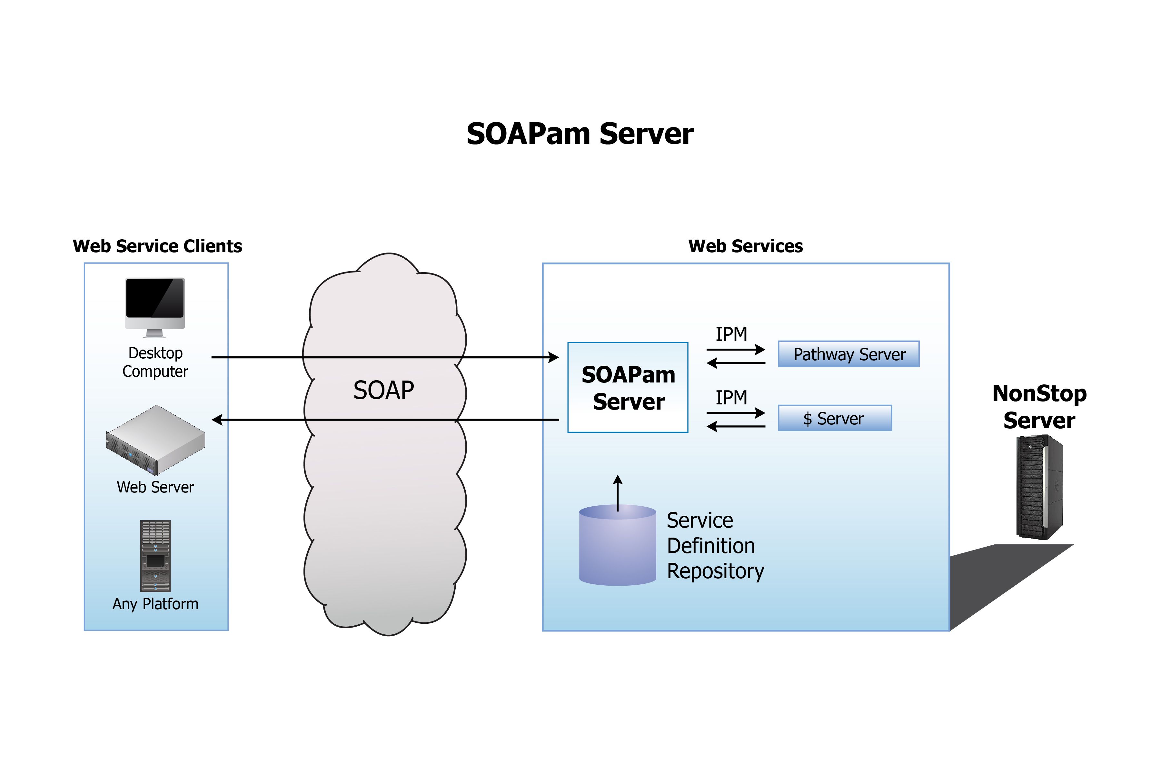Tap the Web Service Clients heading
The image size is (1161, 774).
pos(157,246)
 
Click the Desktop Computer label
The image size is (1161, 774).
pos(155,362)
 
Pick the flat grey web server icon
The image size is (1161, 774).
pos(155,439)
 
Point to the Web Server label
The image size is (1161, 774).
pos(155,487)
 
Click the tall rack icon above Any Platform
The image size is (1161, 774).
pos(155,555)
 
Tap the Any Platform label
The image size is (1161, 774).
pos(155,604)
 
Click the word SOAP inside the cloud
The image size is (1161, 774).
pos(383,390)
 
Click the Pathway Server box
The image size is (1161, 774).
pos(848,354)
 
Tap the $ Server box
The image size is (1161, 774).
pos(834,418)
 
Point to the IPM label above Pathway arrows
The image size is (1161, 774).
pos(731,334)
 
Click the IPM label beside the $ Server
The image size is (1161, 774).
pos(731,397)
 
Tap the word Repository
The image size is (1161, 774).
pos(715,571)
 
